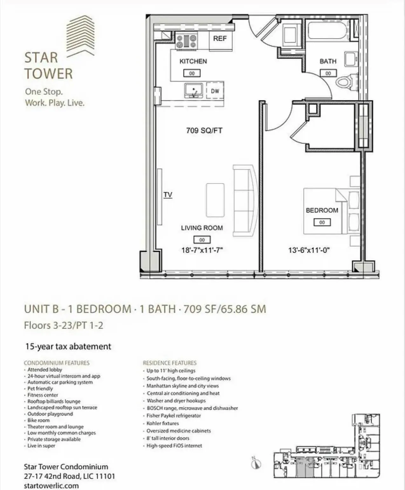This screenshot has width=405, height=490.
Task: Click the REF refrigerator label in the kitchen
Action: (x=220, y=39)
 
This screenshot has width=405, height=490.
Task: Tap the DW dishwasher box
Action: (x=215, y=91)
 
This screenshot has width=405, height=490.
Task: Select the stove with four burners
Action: (x=187, y=41)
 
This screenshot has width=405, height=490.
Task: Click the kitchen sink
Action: (x=193, y=90)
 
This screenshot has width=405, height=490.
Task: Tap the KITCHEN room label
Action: (x=193, y=61)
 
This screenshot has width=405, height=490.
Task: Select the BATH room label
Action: (x=328, y=61)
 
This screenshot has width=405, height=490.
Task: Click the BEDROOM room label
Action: (x=322, y=210)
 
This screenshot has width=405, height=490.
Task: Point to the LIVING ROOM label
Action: (x=202, y=228)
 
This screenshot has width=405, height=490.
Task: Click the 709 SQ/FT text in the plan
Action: (x=204, y=131)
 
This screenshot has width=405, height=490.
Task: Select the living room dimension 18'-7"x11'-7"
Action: (x=202, y=250)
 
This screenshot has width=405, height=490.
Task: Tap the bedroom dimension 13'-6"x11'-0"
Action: (x=309, y=250)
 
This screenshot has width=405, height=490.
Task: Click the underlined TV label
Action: (x=168, y=195)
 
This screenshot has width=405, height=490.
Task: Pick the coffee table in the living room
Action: (x=215, y=200)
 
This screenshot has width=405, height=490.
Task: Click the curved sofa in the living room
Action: (x=245, y=200)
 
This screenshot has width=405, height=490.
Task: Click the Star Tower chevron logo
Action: (x=81, y=37)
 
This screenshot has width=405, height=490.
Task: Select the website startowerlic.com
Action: (x=51, y=486)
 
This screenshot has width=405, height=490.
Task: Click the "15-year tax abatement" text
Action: (x=68, y=346)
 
